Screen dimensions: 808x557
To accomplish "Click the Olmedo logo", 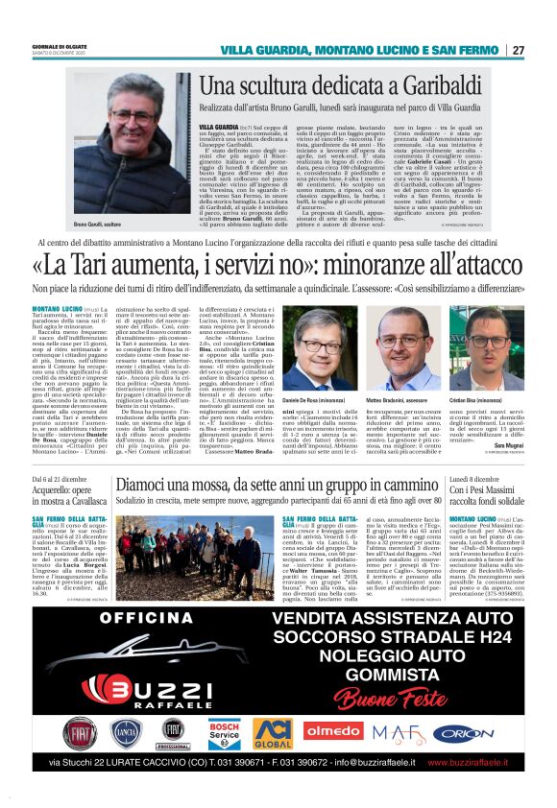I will point(332,730).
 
